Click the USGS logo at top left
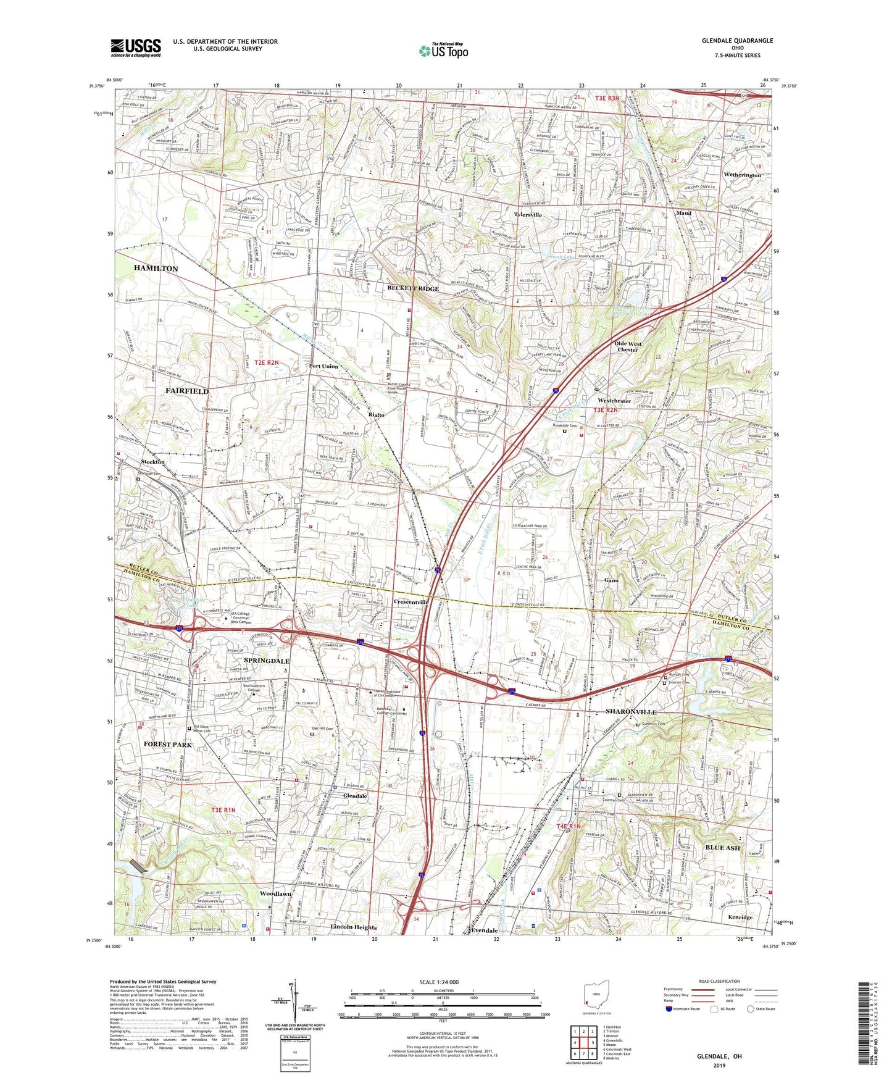136,47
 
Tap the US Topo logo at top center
443,51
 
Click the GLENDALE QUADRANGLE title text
737,41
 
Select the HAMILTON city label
156,269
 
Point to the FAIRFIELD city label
187,391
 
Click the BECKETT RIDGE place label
413,289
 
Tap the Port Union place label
323,366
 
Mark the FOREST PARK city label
168,745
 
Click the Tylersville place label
528,215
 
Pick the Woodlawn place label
275,894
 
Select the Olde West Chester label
628,346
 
